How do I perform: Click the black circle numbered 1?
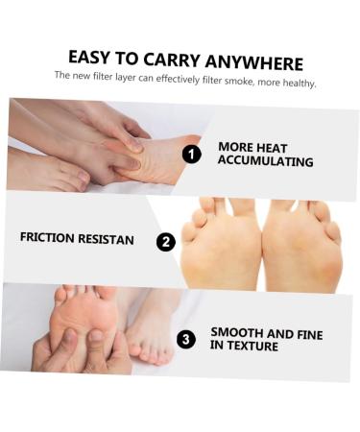tap(192, 154)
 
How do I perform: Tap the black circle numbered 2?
tap(166, 242)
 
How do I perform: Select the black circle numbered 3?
tap(186, 339)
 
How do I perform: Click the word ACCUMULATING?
tap(265, 162)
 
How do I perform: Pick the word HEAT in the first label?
tap(272, 148)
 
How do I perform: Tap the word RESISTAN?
tap(107, 237)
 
